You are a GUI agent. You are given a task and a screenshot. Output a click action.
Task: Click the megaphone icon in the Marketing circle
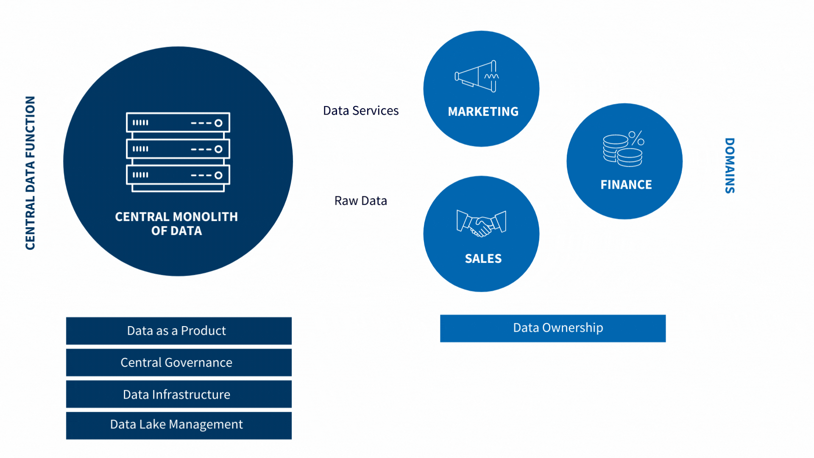coord(477,76)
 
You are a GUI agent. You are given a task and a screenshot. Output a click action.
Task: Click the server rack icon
coord(178,152)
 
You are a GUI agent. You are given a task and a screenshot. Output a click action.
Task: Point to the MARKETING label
coord(483,112)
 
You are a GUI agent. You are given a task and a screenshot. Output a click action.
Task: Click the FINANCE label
coord(626,185)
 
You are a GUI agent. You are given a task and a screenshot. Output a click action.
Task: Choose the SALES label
coord(483,259)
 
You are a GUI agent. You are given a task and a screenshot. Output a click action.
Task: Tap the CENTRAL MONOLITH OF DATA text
coord(176,223)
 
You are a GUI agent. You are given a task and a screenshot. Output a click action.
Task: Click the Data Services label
coord(361,111)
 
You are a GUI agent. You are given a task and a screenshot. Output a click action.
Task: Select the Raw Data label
coord(361,201)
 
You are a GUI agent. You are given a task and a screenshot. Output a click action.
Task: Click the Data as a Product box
coord(178,331)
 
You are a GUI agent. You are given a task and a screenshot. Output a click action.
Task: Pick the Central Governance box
coord(178,363)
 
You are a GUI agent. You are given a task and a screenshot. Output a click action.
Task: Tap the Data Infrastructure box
coord(178,394)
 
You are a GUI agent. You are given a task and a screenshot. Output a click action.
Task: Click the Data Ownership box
coord(553,328)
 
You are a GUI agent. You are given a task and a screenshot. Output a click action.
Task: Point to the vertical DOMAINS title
coord(730,166)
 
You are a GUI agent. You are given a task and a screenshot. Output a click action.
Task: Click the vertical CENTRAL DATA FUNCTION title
coord(30,173)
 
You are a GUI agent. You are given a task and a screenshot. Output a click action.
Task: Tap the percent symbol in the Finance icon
coord(636,138)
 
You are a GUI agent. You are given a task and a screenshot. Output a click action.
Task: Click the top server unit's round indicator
coord(218,123)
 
